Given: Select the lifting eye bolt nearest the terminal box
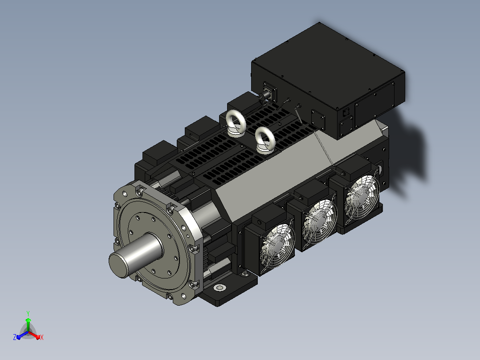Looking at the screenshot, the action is pyautogui.click(x=265, y=140).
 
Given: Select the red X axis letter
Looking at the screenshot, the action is pyautogui.click(x=42, y=337).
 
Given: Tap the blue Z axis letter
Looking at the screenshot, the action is pyautogui.click(x=15, y=337).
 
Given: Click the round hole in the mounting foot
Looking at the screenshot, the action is pyautogui.click(x=220, y=288).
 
